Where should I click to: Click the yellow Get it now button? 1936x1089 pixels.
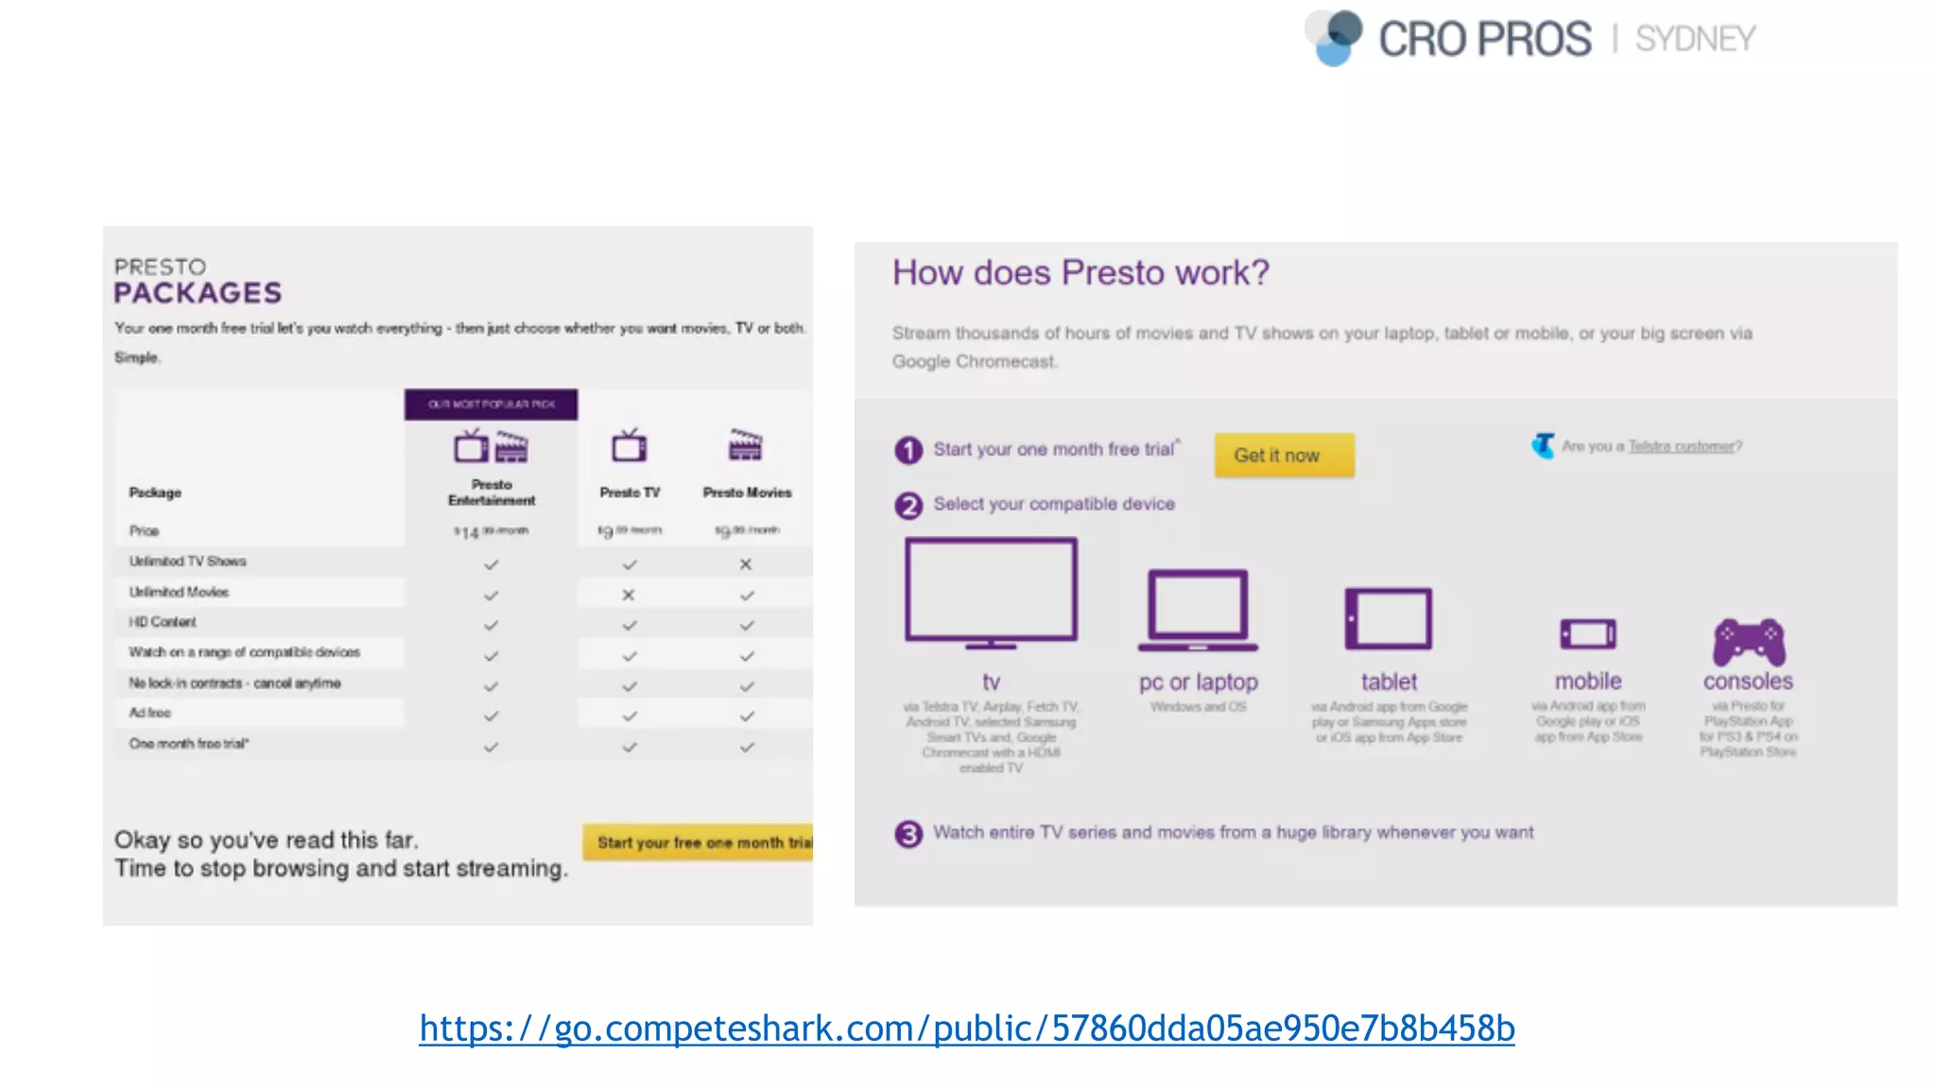tap(1283, 455)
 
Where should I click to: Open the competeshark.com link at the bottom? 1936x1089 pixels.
tap(966, 1028)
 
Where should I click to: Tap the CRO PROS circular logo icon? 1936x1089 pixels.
tap(1334, 37)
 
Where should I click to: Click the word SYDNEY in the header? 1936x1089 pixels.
tap(1695, 39)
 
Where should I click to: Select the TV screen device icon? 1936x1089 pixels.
tap(991, 592)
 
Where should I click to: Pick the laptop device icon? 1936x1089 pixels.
tap(1198, 610)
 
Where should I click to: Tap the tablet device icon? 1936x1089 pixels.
tap(1388, 619)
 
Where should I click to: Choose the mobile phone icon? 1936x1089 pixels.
tap(1587, 633)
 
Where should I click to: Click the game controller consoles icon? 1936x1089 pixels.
tap(1749, 641)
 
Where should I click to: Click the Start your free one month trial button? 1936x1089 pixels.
tap(700, 841)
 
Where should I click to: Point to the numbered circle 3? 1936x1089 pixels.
tap(907, 834)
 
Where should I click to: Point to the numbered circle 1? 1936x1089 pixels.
tap(907, 450)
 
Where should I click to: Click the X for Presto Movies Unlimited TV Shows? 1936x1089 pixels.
tap(746, 564)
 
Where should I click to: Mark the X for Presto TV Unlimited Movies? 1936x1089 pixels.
tap(629, 595)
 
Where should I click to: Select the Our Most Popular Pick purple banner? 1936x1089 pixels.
tap(491, 404)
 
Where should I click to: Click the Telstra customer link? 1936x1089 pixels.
tap(1681, 446)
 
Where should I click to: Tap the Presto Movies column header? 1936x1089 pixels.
tap(747, 492)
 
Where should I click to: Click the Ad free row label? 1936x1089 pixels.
tap(150, 713)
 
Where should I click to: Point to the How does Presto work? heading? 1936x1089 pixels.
tap(1080, 272)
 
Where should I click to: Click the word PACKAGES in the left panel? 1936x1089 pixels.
tap(198, 293)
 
